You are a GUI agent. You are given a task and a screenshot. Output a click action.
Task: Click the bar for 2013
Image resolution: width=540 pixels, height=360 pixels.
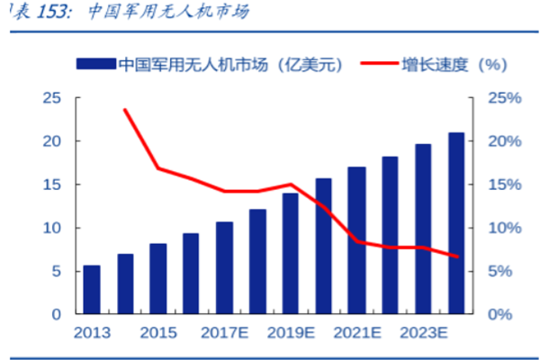(92, 290)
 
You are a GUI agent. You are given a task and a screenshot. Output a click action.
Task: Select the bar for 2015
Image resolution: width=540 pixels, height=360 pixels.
(158, 279)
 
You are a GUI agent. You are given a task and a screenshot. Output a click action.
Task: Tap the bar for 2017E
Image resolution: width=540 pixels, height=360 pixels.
(224, 268)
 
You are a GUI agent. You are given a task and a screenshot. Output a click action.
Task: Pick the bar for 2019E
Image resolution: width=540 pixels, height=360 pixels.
(290, 254)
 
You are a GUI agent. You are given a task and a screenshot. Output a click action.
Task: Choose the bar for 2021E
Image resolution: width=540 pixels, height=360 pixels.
(356, 240)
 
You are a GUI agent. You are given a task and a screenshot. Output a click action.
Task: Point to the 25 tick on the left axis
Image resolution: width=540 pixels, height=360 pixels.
(52, 98)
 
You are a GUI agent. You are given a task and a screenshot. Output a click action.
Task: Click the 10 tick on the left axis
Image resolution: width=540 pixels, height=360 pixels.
(52, 228)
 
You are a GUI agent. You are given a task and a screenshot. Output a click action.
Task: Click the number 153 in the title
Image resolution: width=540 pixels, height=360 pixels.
(47, 13)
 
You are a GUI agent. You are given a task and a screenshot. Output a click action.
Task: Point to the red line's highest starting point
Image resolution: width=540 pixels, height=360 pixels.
(124, 110)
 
